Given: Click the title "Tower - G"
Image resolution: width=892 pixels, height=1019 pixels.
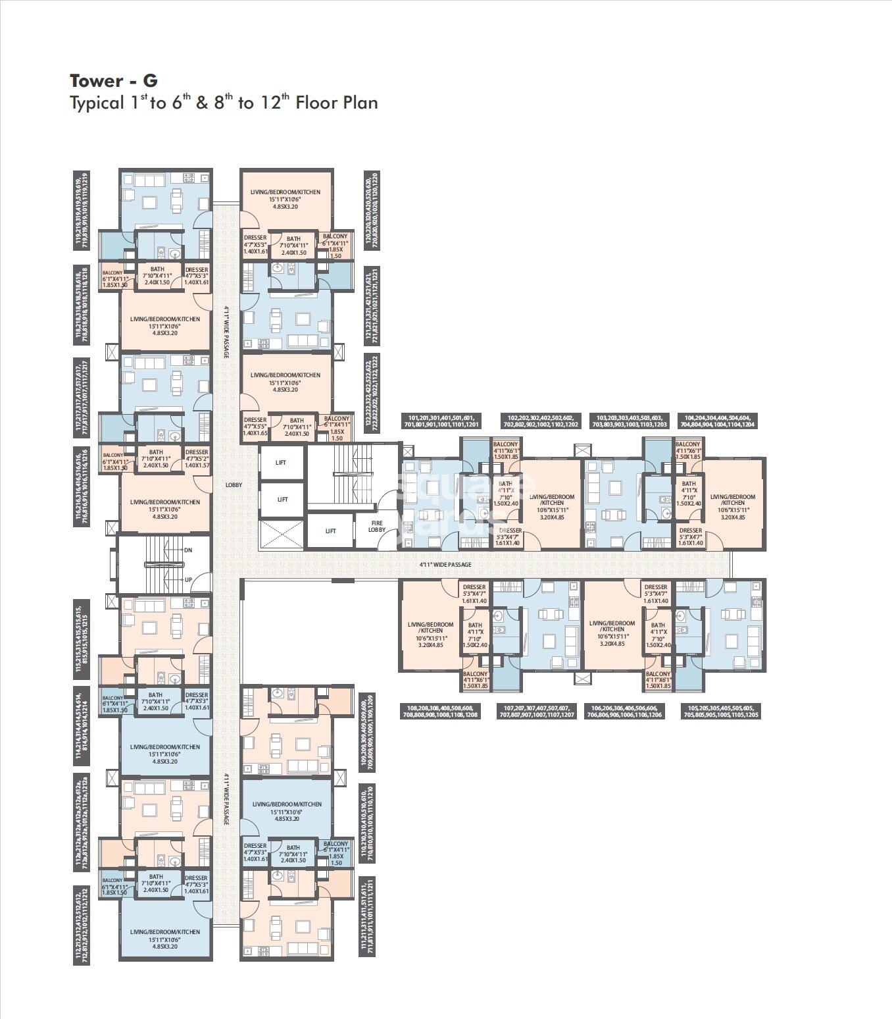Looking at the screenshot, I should coord(114,81).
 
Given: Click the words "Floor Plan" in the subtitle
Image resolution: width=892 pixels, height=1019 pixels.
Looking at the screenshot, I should coord(337,103).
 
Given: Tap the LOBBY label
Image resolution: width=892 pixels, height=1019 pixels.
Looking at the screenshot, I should coord(234,485).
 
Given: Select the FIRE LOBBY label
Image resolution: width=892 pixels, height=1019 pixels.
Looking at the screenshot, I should coord(377,526).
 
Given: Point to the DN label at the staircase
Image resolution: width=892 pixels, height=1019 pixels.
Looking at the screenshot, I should coord(188,550).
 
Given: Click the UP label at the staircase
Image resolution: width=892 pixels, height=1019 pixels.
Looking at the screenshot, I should coord(188,579).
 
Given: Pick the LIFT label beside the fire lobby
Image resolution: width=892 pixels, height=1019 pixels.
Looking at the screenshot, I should coord(331,531).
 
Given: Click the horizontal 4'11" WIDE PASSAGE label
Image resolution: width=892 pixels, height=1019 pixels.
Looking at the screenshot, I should coord(445,565).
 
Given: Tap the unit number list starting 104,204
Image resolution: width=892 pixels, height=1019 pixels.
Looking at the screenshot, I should coord(721,421).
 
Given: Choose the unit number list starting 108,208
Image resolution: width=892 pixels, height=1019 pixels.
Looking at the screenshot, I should coord(439,710).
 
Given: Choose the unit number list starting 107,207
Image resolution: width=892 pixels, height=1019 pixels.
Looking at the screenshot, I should coord(537,710).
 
